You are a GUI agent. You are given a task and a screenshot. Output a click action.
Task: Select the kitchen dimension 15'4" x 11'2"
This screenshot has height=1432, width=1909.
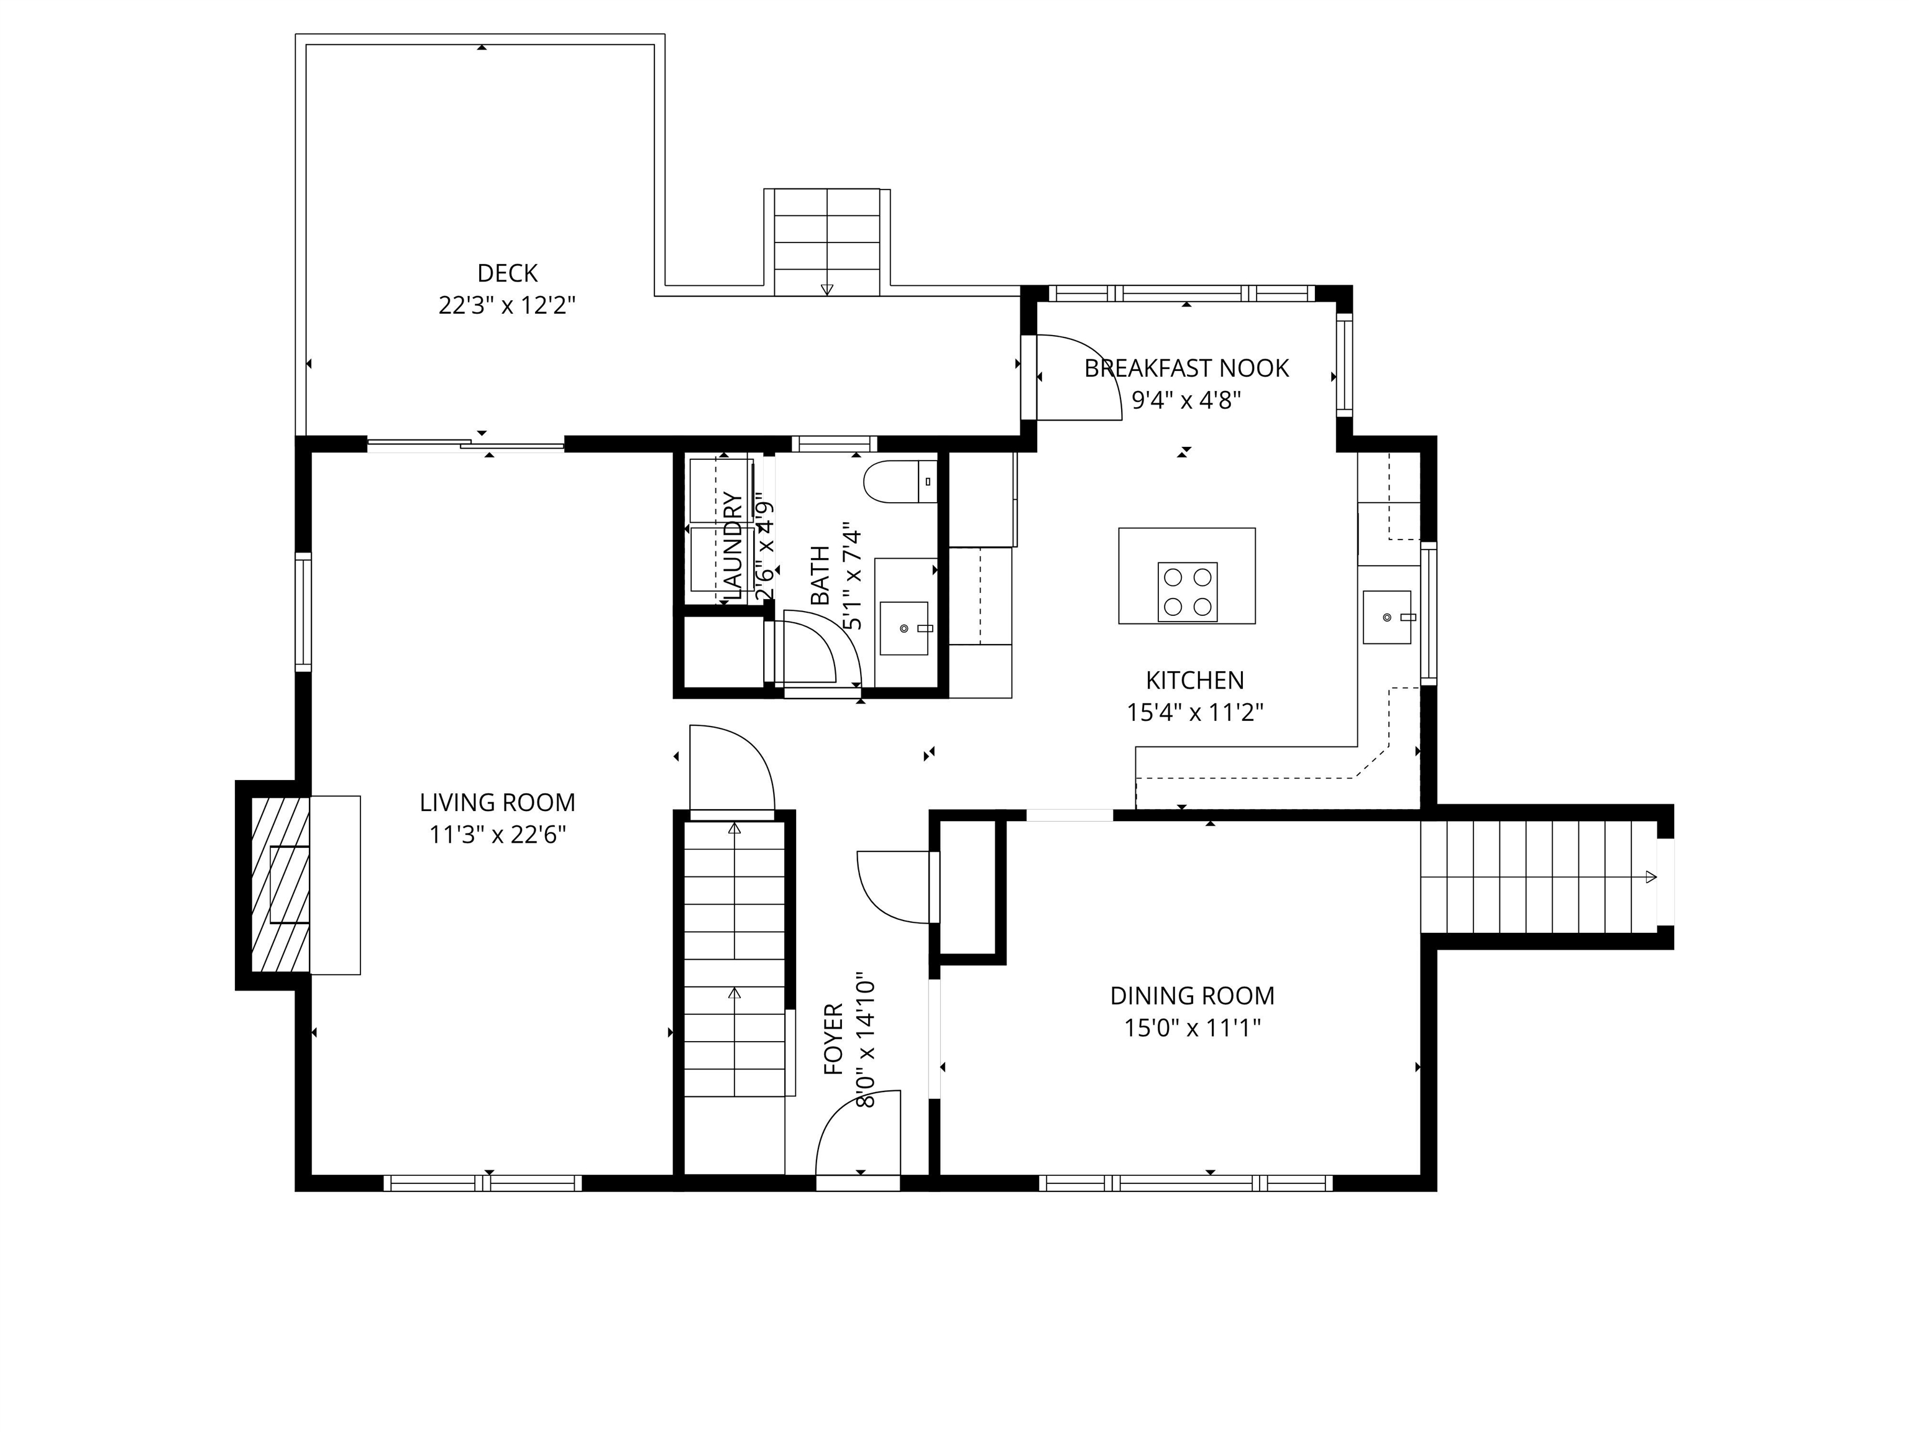[x=1194, y=713]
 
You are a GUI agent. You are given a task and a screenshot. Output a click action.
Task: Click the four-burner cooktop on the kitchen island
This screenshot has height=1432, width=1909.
[x=1187, y=592]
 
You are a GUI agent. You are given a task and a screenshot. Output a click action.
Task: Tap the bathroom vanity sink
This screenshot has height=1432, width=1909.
[x=904, y=628]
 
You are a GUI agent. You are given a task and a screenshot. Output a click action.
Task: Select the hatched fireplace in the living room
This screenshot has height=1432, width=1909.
[x=280, y=885]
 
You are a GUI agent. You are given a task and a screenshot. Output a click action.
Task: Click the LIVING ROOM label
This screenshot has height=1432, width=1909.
[x=497, y=803]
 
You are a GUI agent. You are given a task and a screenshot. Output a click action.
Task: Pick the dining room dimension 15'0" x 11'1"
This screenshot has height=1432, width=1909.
[x=1192, y=1029]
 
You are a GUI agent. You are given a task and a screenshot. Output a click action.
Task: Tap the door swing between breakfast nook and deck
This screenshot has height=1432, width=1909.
[x=1076, y=378]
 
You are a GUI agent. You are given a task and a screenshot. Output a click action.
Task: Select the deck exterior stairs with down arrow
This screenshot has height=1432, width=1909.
[x=826, y=242]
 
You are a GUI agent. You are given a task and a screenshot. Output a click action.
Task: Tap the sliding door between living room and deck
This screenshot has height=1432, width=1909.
[x=466, y=446]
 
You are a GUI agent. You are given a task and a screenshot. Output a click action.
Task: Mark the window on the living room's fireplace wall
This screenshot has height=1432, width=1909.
[x=303, y=611]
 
